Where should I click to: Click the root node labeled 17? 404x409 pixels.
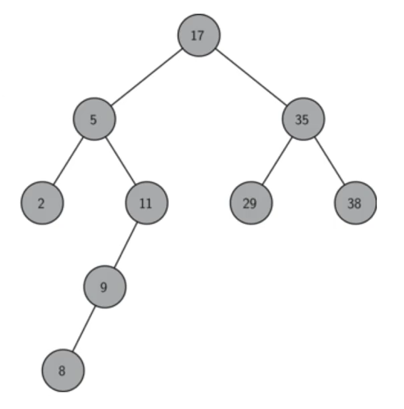click(198, 36)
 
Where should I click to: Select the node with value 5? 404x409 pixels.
click(94, 119)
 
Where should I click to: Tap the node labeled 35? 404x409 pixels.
click(303, 119)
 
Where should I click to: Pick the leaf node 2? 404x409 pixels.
click(42, 203)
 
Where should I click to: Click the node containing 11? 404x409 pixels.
click(147, 203)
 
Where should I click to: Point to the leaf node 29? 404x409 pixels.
click(251, 203)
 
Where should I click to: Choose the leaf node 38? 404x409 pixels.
click(355, 203)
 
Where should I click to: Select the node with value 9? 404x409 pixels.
click(104, 287)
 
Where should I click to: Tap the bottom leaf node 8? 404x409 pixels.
click(63, 371)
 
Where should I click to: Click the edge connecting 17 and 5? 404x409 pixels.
click(147, 77)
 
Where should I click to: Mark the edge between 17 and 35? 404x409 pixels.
click(251, 77)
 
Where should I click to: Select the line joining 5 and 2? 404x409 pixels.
click(68, 161)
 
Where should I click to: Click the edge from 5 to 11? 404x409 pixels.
click(121, 161)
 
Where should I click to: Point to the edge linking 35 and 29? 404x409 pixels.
click(277, 161)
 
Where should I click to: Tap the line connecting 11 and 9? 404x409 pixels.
click(126, 245)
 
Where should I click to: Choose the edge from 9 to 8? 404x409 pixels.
click(84, 329)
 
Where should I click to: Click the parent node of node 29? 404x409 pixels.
click(303, 119)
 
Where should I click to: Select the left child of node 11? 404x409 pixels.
click(104, 287)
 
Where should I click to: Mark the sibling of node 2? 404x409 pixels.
click(147, 203)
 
